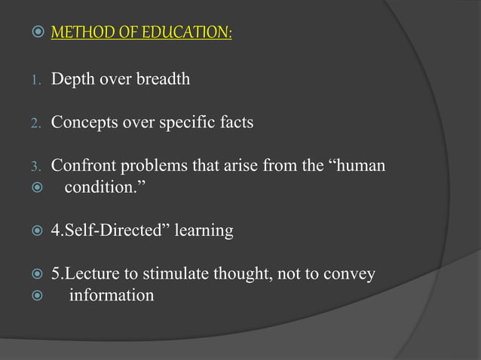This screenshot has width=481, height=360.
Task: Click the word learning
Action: click(x=204, y=230)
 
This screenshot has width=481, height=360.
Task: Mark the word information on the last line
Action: click(x=112, y=294)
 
